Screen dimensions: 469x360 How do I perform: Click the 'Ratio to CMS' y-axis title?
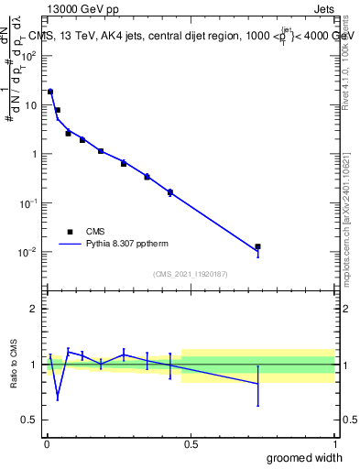(x=15, y=377)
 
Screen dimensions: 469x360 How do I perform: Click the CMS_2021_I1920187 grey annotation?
(x=190, y=274)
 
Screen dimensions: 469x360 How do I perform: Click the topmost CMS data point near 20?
(x=50, y=92)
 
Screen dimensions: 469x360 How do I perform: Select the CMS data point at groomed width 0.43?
(x=170, y=192)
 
